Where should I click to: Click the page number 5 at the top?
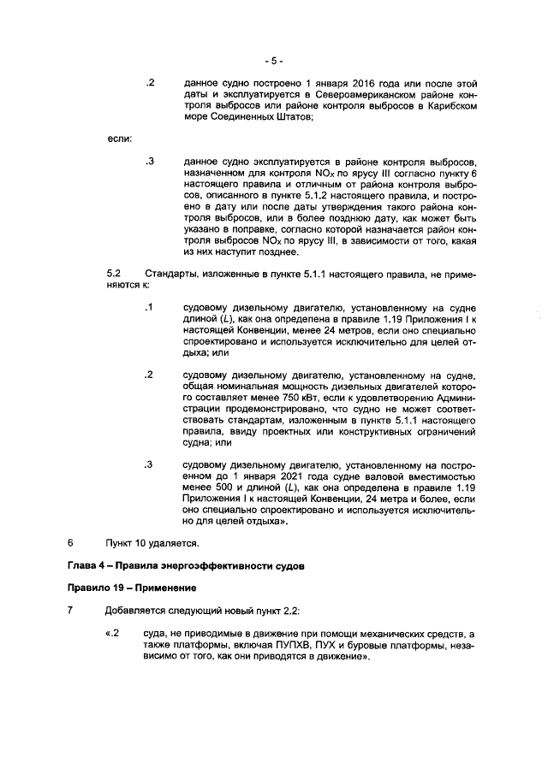click(x=273, y=61)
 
